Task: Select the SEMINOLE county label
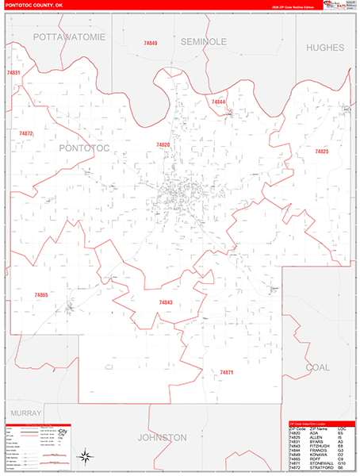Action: [203, 41]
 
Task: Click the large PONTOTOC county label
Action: [83, 148]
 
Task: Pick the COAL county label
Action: [317, 367]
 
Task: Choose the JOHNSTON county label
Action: [162, 437]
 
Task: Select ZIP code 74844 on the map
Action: [218, 102]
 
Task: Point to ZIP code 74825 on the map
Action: [321, 152]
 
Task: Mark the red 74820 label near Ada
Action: [162, 145]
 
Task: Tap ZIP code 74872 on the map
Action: [26, 134]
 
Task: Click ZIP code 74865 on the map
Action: [41, 295]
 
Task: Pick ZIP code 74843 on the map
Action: [165, 302]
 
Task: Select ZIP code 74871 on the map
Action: [227, 372]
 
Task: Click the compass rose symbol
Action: [85, 456]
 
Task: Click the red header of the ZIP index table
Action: [317, 423]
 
